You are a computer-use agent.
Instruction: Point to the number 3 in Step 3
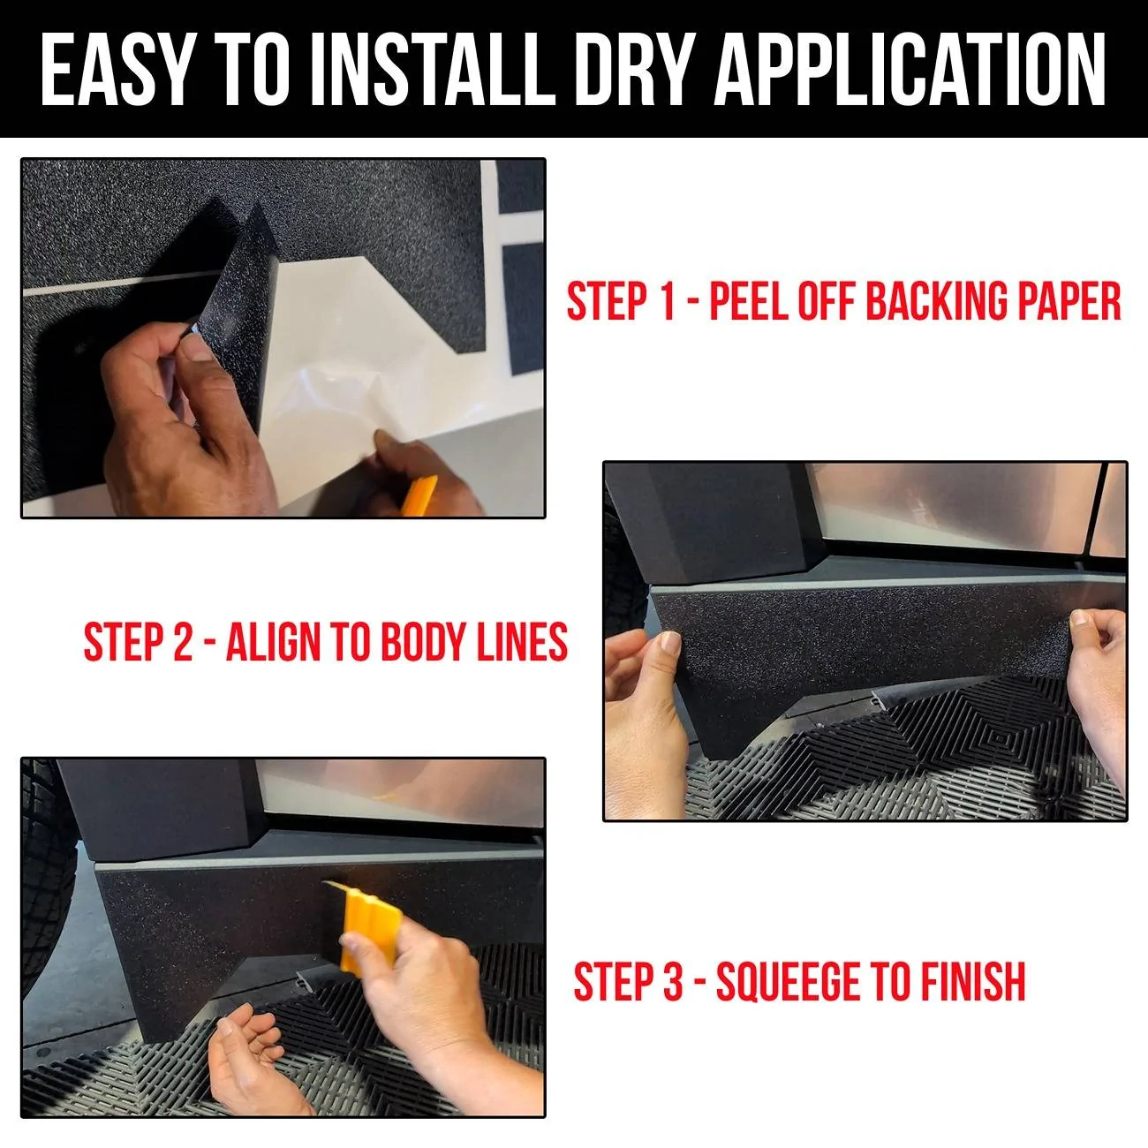(x=673, y=982)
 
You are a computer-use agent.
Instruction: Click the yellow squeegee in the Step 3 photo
(x=364, y=923)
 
